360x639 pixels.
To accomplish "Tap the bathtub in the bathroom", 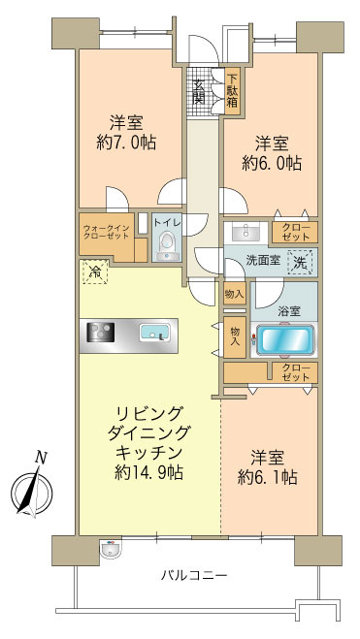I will click(x=284, y=341).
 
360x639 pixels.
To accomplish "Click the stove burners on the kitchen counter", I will click(x=101, y=333).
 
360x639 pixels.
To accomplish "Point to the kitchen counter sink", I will click(x=154, y=334).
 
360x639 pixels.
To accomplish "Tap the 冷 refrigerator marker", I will click(x=95, y=273).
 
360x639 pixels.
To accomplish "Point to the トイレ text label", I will click(x=166, y=220).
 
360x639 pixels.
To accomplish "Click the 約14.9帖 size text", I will click(x=148, y=472).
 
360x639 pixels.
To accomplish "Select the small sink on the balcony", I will click(x=108, y=550).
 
